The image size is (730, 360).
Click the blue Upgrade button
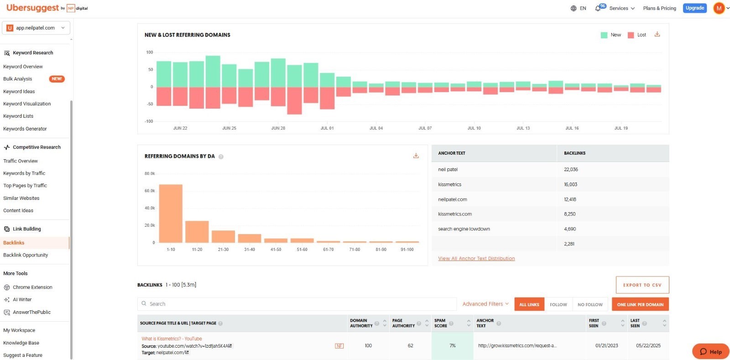[694, 8]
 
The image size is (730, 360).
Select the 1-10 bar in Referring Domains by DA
[171, 214]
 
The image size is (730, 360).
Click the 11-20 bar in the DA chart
[197, 232]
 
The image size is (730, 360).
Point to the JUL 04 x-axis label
[376, 128]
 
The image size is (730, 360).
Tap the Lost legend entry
[637, 35]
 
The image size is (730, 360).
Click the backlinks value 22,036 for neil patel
[571, 169]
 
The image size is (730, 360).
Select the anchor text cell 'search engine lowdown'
[464, 229]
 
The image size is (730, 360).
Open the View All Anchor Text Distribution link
[476, 258]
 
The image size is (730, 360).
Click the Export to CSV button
[642, 285]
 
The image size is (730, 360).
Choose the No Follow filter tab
[590, 304]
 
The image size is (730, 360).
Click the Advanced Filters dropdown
[485, 304]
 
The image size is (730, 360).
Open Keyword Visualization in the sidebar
[27, 104]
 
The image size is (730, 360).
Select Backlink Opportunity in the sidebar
[26, 255]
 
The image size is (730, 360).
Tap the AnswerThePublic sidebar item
[31, 312]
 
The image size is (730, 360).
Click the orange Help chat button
[711, 351]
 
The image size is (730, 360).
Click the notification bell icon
[598, 9]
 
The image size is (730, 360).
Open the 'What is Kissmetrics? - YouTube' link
[172, 339]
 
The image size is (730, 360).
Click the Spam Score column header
[441, 323]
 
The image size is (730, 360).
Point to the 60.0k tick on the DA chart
[150, 191]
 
